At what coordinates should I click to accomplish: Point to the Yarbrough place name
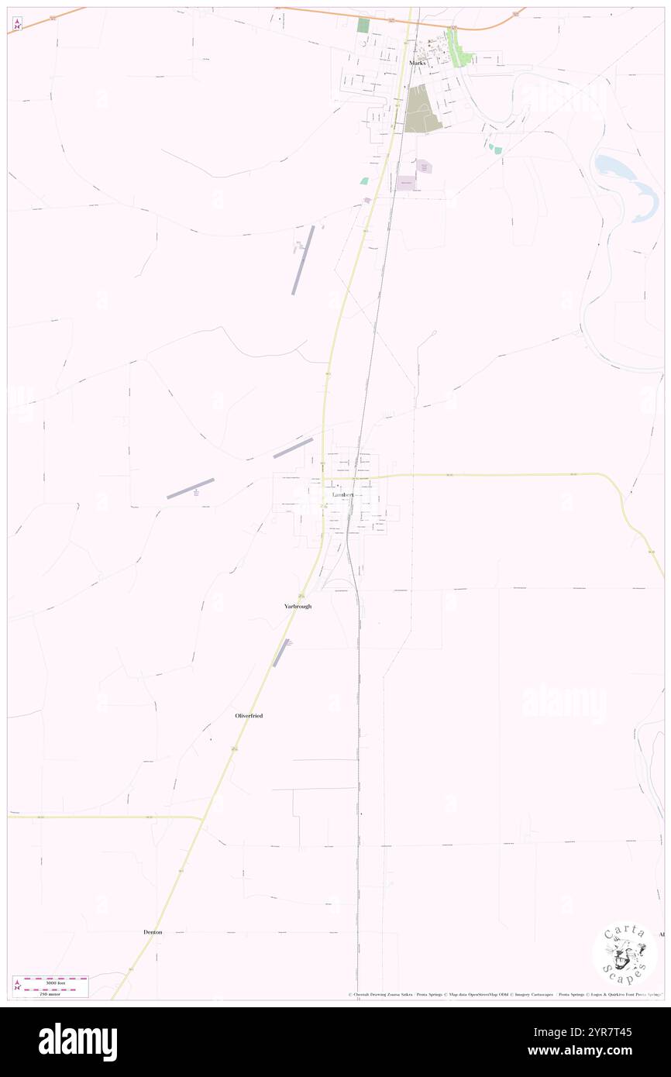[298, 606]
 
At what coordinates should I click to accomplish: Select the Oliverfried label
[249, 716]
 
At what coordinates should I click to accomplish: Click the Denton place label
[153, 932]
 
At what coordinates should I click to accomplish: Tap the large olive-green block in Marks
[422, 108]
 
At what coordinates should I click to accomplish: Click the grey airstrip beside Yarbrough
[282, 653]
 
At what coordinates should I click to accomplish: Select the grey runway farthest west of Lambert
[191, 488]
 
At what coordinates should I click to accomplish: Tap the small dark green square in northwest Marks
[363, 25]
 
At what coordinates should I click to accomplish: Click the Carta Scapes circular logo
[625, 953]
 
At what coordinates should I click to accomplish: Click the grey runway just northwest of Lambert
[293, 447]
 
